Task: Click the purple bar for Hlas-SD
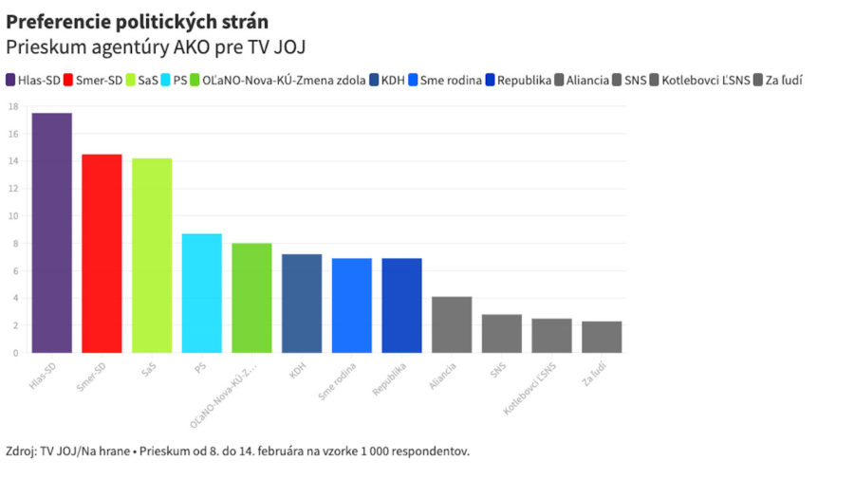click(x=51, y=232)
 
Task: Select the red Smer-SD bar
click(x=102, y=253)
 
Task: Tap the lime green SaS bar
click(x=152, y=255)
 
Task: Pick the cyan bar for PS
click(x=201, y=293)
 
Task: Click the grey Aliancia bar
click(x=452, y=324)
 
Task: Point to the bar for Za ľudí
click(x=602, y=337)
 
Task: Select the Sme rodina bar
click(x=351, y=305)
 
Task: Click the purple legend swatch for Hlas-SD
click(x=10, y=81)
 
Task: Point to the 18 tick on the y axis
click(x=13, y=106)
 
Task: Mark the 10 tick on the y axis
click(x=13, y=215)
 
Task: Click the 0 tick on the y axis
click(x=15, y=353)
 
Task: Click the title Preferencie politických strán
click(x=137, y=22)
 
